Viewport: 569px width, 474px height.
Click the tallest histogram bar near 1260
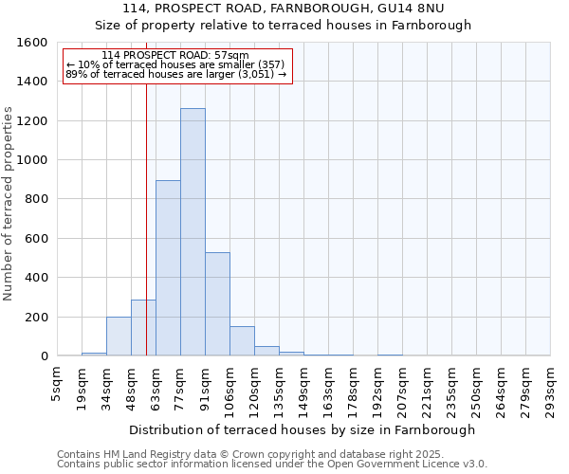point(193,232)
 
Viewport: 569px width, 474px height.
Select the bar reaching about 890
point(168,268)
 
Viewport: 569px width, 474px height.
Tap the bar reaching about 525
point(217,304)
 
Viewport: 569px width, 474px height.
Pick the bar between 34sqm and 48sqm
point(119,337)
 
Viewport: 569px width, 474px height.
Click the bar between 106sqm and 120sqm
point(242,341)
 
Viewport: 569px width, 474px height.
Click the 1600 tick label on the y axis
point(31,43)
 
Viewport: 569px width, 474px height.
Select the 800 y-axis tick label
point(35,199)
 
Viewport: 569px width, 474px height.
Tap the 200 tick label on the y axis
point(35,317)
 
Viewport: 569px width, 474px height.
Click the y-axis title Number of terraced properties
point(9,204)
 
